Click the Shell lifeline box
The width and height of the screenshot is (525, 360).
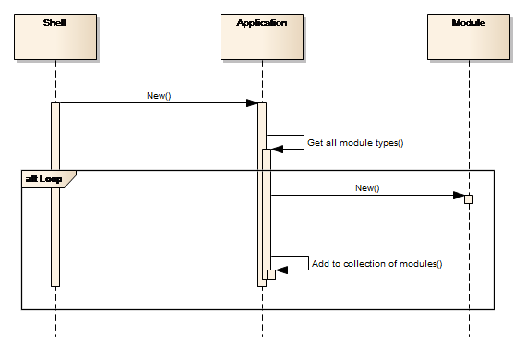(55, 37)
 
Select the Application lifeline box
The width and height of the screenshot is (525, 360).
(262, 37)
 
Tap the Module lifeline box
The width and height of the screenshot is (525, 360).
(469, 37)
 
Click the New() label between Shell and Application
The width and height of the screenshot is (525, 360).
(159, 96)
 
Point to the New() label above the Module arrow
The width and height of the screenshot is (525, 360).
(367, 188)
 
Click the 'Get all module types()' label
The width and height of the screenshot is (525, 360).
(355, 143)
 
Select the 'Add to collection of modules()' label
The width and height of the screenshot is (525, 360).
(377, 264)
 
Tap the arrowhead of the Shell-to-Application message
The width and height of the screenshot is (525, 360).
(252, 102)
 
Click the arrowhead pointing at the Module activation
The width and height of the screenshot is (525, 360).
(459, 196)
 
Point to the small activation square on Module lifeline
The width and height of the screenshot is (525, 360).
(469, 199)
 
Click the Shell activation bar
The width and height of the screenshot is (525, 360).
(55, 195)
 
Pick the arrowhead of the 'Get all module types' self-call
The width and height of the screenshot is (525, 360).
(277, 149)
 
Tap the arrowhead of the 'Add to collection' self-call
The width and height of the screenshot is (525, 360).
(281, 270)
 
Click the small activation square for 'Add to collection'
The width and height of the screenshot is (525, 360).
(271, 274)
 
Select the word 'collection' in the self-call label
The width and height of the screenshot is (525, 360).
(364, 264)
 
